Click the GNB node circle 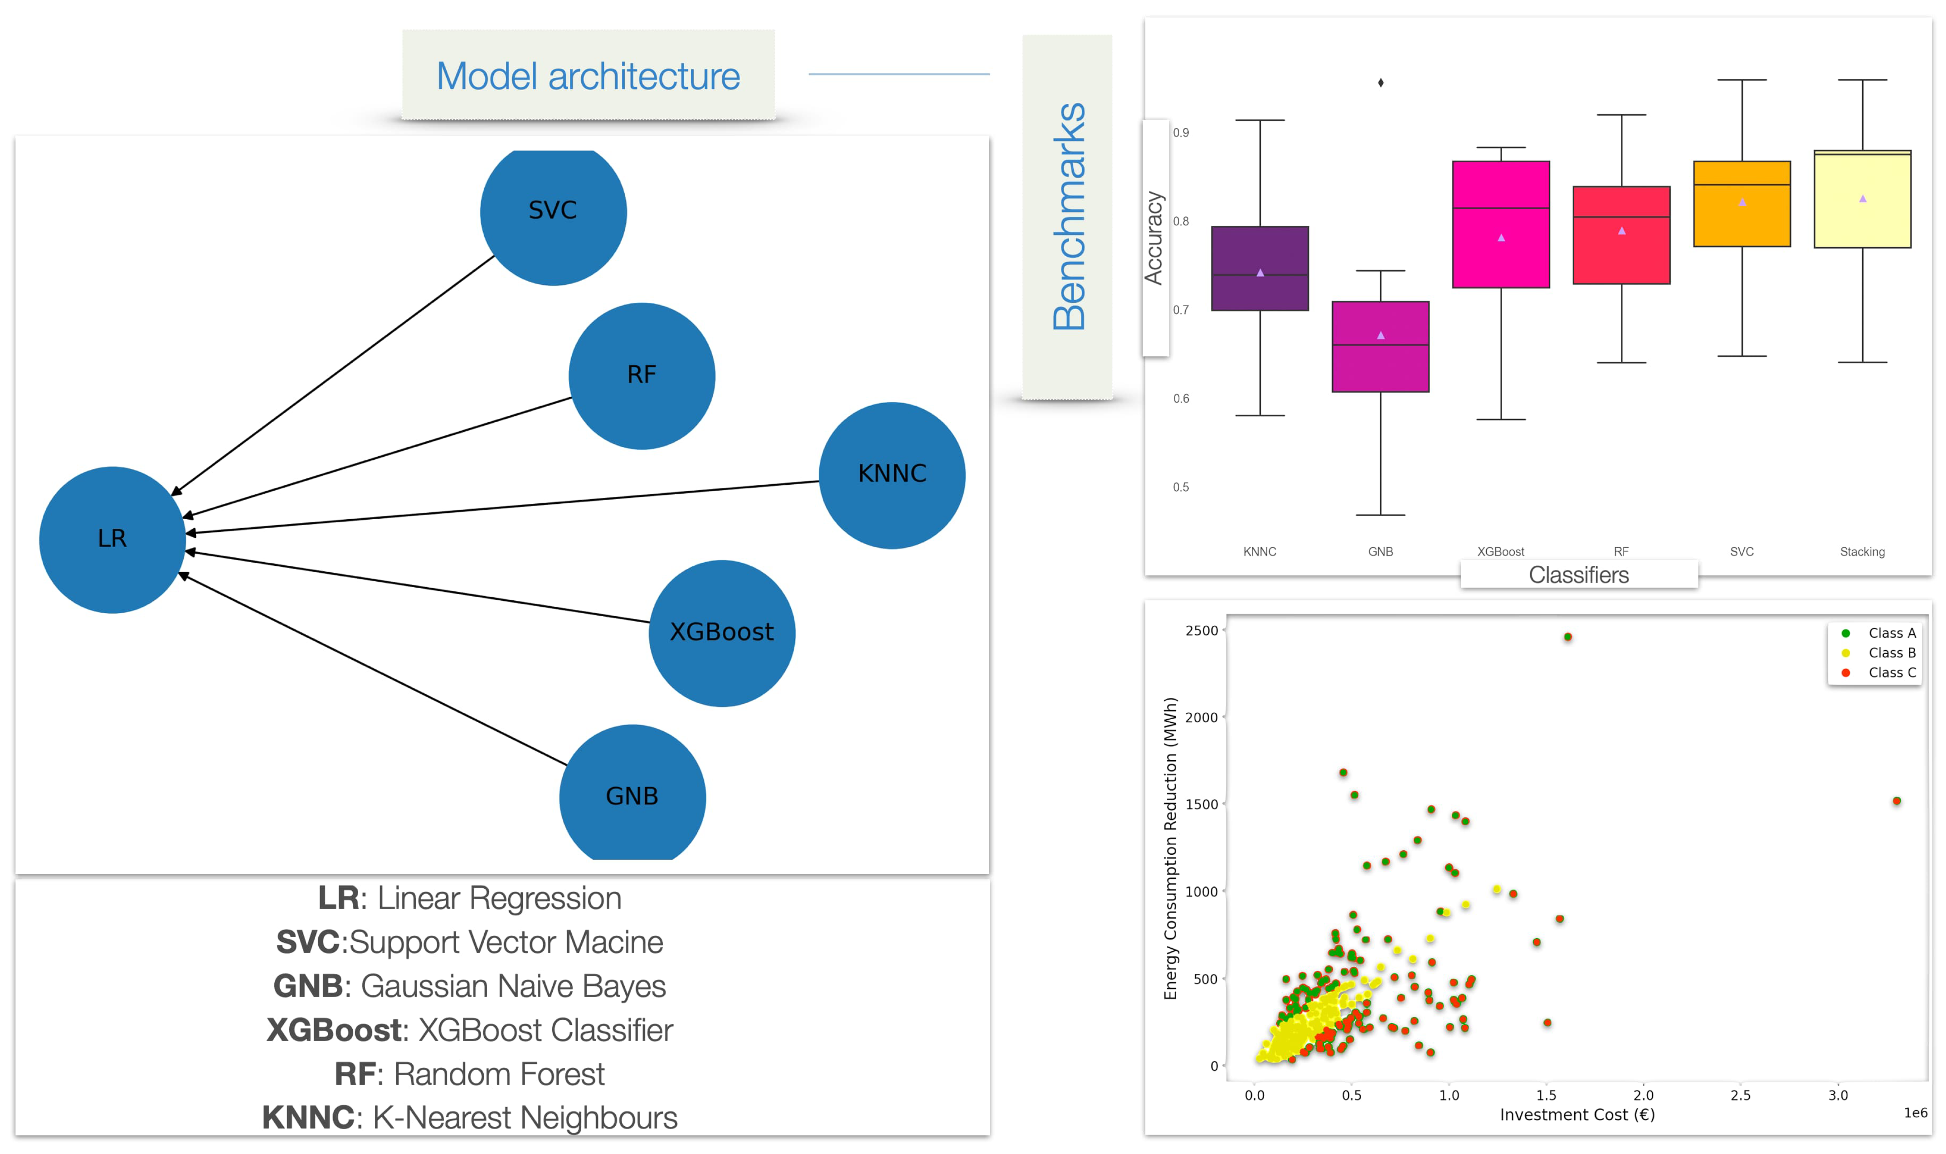point(632,795)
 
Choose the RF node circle point(642,375)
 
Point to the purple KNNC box point(1260,268)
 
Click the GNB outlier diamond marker point(1380,83)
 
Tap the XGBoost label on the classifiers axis point(1500,551)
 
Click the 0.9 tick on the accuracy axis point(1180,133)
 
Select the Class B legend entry point(1891,652)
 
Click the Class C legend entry point(1891,672)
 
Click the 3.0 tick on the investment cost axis point(1837,1095)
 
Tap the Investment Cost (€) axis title point(1576,1115)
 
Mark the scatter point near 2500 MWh point(1567,637)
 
